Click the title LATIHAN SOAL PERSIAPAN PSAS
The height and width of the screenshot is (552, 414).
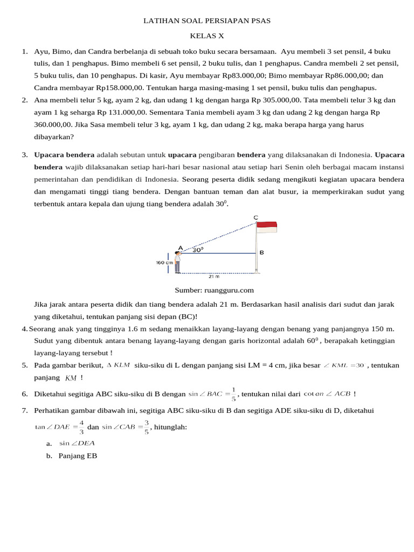point(206,21)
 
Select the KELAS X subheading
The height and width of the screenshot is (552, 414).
point(206,36)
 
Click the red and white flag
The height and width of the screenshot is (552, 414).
point(267,227)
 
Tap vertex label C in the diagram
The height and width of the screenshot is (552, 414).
point(256,218)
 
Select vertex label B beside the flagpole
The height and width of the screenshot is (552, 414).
point(261,252)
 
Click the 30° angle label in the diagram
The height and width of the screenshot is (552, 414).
point(198,250)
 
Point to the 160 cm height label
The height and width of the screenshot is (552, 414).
point(164,263)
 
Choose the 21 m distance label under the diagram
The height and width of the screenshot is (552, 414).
point(214,277)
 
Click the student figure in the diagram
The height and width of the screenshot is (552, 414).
point(177,261)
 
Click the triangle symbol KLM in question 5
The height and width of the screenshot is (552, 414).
point(118,365)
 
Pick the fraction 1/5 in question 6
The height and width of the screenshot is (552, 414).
point(233,394)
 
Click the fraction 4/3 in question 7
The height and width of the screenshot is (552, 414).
point(81,427)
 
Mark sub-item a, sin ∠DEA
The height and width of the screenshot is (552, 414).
point(77,444)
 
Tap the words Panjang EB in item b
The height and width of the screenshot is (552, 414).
point(78,456)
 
